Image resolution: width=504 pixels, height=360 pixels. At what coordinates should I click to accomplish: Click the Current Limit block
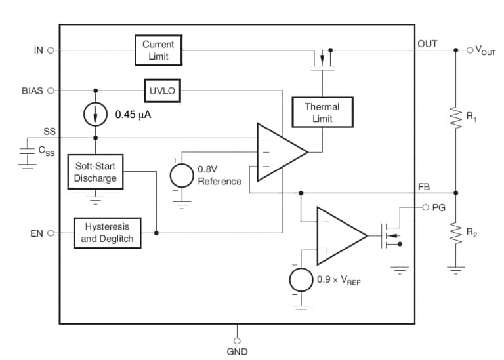pos(158,50)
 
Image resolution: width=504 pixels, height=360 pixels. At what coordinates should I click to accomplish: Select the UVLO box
pos(163,90)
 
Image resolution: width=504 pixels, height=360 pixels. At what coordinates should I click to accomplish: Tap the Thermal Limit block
pos(322,112)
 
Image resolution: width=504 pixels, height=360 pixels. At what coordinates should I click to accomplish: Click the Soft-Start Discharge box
pos(95,172)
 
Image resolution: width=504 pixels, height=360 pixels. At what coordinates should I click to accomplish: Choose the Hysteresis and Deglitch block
pos(107,232)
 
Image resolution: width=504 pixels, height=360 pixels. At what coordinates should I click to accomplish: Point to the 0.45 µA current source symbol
pos(96,114)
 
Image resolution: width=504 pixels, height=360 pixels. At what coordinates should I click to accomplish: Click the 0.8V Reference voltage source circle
pos(182,175)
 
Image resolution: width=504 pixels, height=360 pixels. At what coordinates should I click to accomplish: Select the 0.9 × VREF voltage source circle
pos(301,280)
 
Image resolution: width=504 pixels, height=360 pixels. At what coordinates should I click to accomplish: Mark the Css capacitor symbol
pos(27,151)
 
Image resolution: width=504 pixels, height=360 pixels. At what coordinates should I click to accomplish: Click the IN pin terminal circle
pos(51,50)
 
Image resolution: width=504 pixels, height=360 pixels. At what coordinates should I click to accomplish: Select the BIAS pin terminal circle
pos(51,90)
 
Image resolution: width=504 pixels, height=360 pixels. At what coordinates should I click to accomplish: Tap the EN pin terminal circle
pos(51,233)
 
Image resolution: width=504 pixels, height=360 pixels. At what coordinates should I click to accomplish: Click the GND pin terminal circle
pos(237,340)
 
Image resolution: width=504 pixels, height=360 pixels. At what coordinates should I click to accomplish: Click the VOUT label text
pos(486,50)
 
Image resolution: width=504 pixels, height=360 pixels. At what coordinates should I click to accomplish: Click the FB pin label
pos(425,187)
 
